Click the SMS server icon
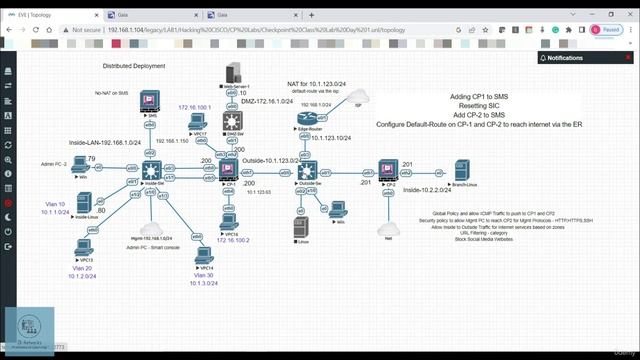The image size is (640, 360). [152, 101]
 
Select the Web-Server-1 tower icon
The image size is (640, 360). [233, 73]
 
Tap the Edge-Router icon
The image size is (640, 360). [304, 119]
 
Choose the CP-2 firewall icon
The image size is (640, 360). [383, 174]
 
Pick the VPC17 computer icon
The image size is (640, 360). [198, 122]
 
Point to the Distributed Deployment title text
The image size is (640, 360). [135, 65]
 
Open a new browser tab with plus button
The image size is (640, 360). [313, 15]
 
